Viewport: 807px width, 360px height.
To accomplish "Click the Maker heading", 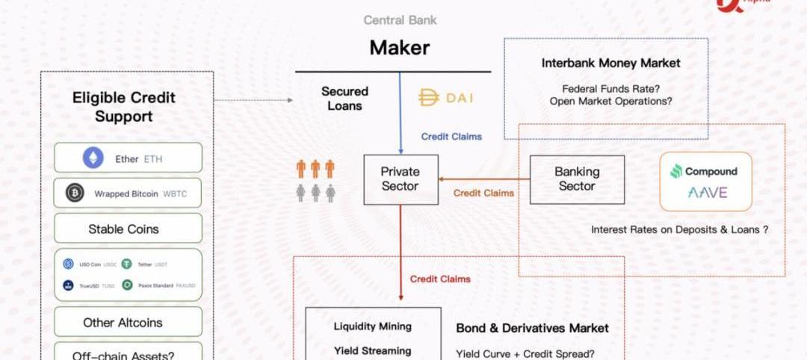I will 400,49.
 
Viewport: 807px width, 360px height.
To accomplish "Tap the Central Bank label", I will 399,20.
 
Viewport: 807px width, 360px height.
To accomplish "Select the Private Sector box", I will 401,180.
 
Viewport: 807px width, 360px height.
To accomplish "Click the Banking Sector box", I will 577,179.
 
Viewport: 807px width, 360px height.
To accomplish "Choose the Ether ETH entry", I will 128,158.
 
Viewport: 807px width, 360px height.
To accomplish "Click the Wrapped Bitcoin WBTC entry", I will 128,193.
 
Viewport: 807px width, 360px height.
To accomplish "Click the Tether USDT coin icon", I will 127,264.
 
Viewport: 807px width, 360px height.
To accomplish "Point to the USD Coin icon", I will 69,264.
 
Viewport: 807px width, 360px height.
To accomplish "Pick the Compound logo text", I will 711,172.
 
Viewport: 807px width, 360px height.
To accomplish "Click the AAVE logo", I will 706,193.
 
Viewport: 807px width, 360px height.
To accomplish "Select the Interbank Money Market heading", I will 611,63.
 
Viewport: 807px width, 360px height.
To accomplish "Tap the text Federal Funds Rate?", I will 610,88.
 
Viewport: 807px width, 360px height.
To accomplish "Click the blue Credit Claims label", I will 451,137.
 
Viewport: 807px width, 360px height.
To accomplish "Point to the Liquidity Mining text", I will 372,326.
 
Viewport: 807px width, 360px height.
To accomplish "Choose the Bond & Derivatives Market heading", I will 532,328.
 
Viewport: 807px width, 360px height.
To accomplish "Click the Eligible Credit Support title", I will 124,107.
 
